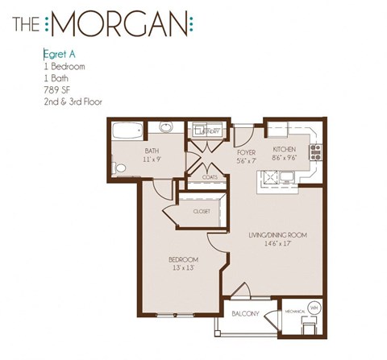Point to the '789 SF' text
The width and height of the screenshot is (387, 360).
coord(56,89)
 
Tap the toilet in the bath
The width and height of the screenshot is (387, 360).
coord(119,167)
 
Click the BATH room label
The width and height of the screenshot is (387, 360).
coord(152,151)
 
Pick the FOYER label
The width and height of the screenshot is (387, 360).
coord(247,151)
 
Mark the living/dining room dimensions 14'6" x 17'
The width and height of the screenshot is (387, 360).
coord(280,244)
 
